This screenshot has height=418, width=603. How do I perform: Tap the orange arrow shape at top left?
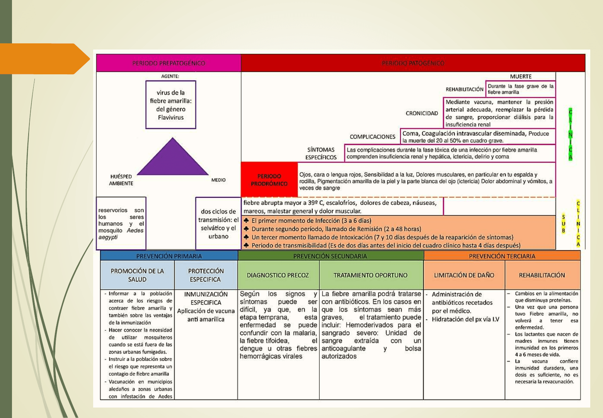[43, 59]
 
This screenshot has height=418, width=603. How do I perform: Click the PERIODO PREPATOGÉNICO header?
[169, 63]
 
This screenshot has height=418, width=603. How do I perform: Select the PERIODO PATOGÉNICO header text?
[413, 63]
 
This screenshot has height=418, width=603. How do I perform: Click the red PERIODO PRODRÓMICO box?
[269, 180]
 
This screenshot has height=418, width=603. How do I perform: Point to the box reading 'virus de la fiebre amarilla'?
[171, 104]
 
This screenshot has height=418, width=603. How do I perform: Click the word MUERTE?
[520, 77]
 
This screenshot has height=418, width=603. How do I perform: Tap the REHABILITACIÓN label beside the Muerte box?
[464, 89]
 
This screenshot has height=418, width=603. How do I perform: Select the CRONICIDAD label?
[422, 113]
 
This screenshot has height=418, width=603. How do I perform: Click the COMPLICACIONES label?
[372, 137]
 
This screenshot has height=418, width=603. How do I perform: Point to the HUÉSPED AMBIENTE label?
[121, 180]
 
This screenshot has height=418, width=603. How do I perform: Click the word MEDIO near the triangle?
[218, 180]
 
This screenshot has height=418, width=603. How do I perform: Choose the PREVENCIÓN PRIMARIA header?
[169, 256]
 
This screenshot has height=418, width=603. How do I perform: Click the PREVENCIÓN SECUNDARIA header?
[330, 256]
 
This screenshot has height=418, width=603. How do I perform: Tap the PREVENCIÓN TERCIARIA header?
[502, 256]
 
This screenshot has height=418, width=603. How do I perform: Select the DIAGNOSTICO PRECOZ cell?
[278, 275]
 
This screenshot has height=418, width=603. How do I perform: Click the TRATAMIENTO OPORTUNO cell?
[370, 275]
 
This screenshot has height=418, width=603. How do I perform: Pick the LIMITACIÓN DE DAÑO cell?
[464, 275]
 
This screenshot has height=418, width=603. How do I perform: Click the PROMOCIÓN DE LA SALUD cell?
[137, 275]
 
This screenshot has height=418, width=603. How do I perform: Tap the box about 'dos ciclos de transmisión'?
[218, 224]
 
